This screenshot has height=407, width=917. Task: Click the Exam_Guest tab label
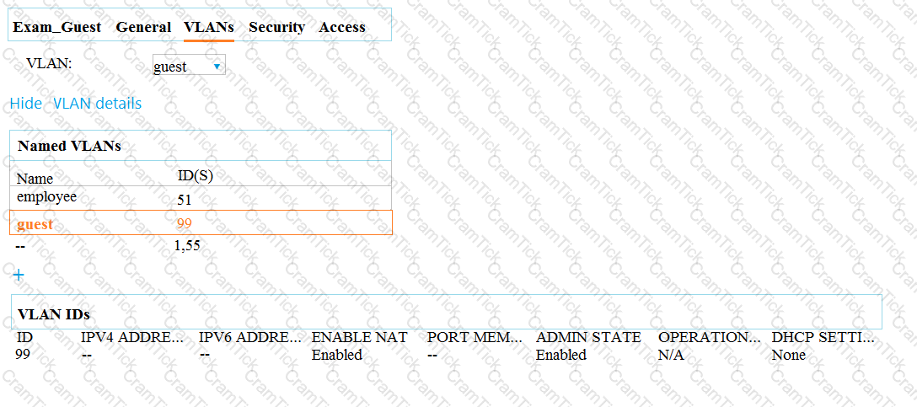56,27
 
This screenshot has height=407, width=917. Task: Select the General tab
143,27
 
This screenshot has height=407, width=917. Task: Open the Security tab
276,27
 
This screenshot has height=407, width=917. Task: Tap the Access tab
342,27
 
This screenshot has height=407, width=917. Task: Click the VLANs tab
209,27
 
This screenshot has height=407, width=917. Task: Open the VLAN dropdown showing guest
188,66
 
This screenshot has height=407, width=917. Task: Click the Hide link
26,104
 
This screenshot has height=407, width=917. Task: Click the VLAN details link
97,104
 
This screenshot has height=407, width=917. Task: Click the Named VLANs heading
70,146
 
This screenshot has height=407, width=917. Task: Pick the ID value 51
185,201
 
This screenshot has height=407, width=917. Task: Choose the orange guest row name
35,223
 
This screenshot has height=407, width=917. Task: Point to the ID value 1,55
187,245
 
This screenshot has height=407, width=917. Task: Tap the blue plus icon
19,274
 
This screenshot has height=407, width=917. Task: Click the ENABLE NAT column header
359,337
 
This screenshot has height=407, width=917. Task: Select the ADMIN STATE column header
588,337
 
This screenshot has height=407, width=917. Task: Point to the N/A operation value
671,355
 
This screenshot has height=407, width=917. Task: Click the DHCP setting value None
788,355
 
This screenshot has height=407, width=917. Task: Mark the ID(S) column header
196,175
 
